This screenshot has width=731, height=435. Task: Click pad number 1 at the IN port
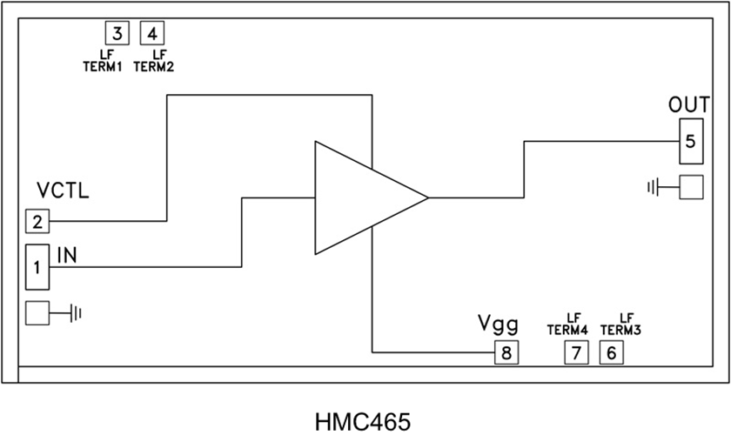coord(37,267)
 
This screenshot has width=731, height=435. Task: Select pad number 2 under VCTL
coord(37,222)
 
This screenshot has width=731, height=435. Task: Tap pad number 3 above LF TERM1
coord(117,34)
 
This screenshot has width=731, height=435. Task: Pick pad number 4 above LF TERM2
coord(152,34)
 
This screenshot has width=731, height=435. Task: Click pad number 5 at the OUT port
coord(690,141)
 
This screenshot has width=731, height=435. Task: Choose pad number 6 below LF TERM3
coord(612,352)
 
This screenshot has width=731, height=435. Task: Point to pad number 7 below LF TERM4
coord(576,352)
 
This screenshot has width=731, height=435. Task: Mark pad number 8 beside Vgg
coord(506,352)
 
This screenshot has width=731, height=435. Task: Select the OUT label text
coord(689,104)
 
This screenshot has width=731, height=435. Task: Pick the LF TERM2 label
coord(154,63)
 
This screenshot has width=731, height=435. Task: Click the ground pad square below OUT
coord(691,187)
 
